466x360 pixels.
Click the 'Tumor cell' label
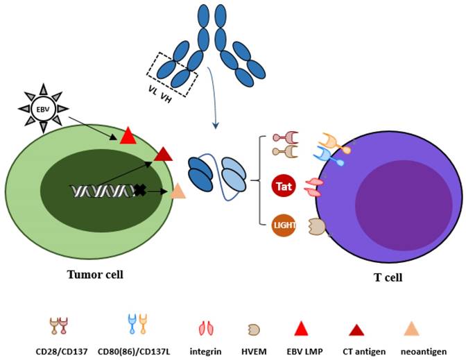pyautogui.click(x=95, y=274)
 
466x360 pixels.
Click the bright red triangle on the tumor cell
pyautogui.click(x=128, y=137)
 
